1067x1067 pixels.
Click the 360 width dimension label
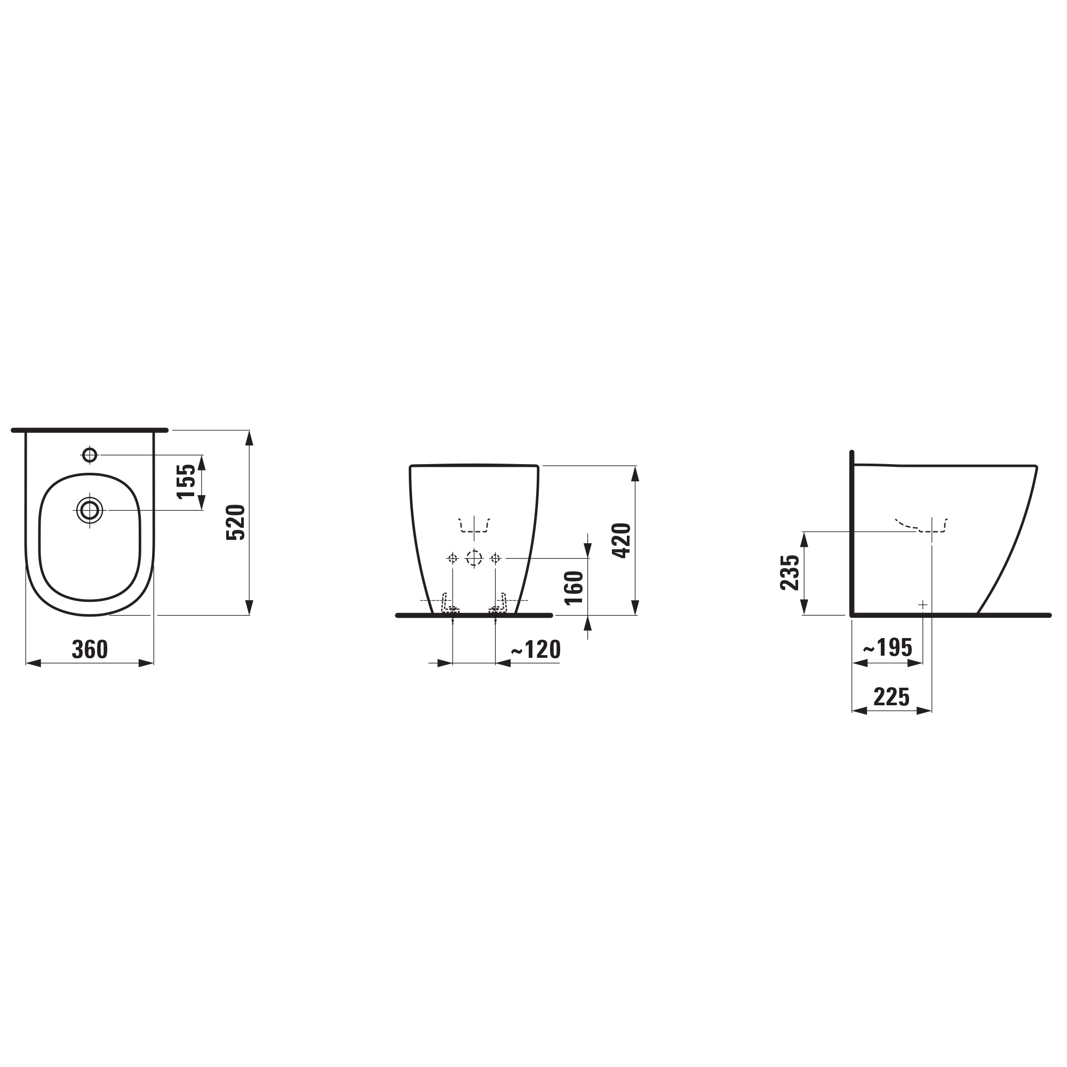[90, 650]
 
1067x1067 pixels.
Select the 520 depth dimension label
[236, 522]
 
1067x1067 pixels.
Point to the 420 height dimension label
[622, 540]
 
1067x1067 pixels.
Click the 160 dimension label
[575, 588]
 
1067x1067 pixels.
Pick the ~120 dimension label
[536, 649]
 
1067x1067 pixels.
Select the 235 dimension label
[790, 572]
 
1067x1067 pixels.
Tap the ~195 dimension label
[888, 647]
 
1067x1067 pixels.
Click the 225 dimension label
[891, 697]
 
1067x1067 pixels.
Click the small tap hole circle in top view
[90, 455]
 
